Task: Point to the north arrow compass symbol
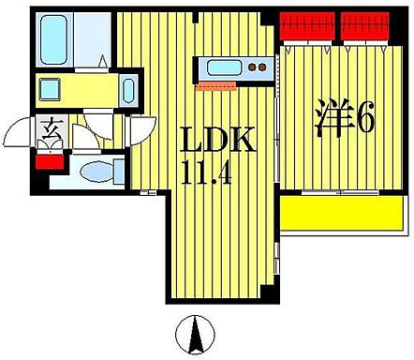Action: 196,332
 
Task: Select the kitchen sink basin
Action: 224,68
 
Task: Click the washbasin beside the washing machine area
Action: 128,92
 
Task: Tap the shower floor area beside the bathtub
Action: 95,37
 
